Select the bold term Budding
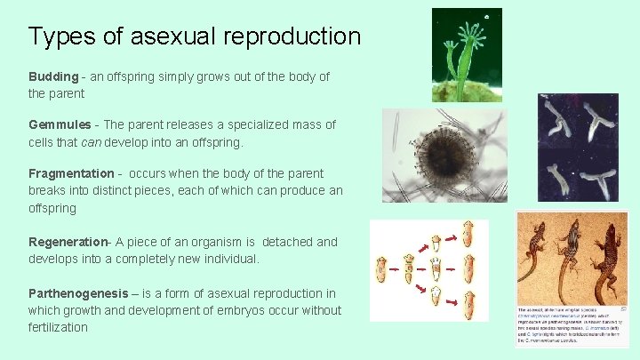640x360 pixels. click(x=52, y=77)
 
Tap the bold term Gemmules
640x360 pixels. click(x=59, y=125)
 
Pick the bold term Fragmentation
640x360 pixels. click(x=70, y=174)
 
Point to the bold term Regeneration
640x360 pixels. click(x=68, y=242)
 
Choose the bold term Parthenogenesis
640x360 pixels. click(x=78, y=293)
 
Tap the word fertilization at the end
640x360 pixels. click(x=59, y=327)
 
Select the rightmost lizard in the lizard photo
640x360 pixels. click(x=608, y=253)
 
